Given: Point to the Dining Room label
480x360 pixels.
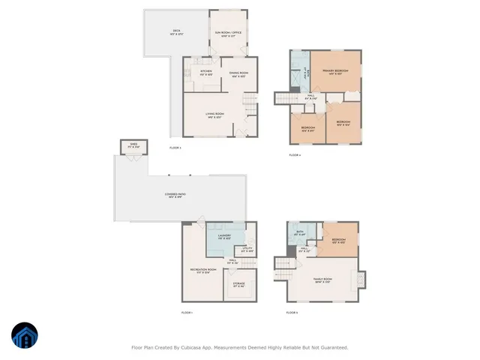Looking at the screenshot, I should (239, 73).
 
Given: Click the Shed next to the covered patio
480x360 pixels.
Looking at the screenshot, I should (133, 145).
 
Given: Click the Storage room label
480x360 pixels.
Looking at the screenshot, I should (238, 284).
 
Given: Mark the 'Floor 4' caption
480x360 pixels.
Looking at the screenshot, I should (294, 155).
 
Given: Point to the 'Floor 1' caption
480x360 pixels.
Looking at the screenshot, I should (187, 312).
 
